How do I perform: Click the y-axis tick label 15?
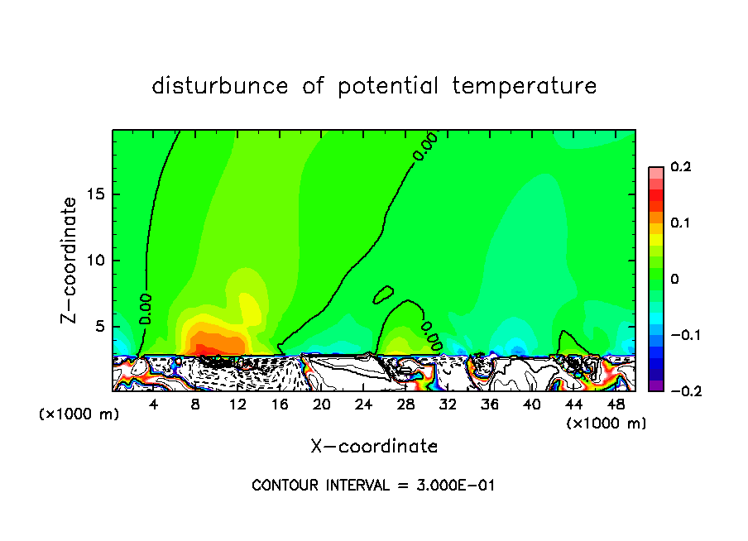click(94, 195)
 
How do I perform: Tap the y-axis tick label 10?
click(94, 261)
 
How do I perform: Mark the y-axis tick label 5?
click(99, 327)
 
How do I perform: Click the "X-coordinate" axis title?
click(374, 447)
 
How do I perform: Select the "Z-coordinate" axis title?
click(70, 260)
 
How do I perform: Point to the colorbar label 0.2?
click(680, 167)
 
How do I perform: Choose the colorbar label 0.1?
click(680, 223)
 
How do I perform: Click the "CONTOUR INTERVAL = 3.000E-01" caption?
click(373, 486)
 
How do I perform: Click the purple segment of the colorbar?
click(656, 385)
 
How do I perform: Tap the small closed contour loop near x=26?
click(384, 294)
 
